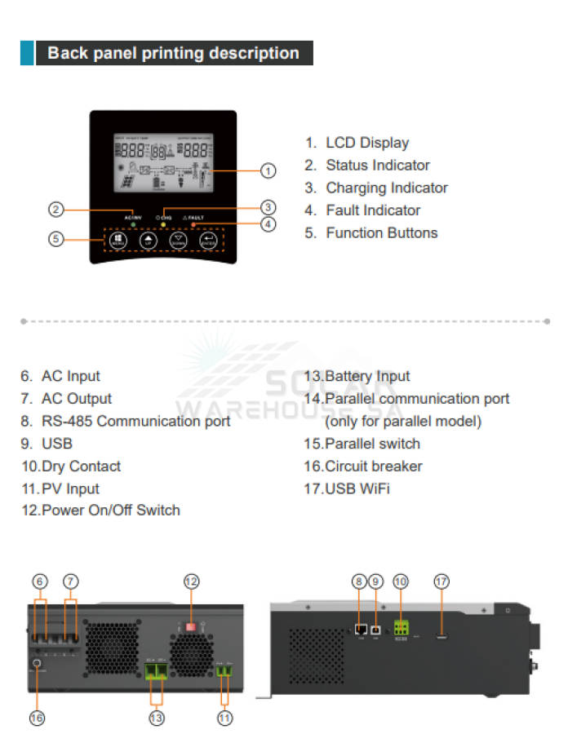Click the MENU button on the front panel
[x=118, y=241]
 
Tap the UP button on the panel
[x=148, y=241]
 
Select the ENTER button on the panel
[x=208, y=241]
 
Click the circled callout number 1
[x=268, y=171]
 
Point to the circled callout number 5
[x=55, y=240]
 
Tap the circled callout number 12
[x=191, y=581]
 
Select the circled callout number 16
[x=37, y=718]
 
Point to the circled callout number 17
[x=442, y=581]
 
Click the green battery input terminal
[x=157, y=671]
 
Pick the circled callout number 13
[x=157, y=718]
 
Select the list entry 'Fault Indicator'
[x=373, y=210]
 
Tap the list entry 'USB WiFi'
[x=357, y=489]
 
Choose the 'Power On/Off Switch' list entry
[x=110, y=511]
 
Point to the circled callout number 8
[x=359, y=581]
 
